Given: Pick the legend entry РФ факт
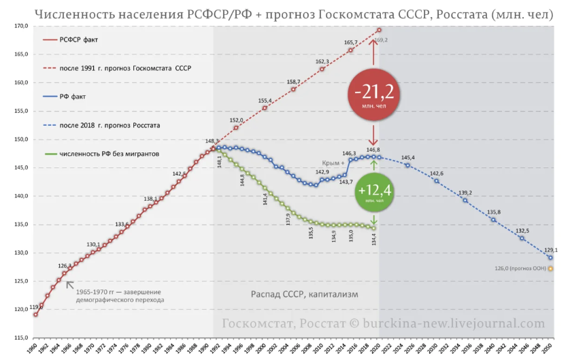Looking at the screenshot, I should tap(76, 97).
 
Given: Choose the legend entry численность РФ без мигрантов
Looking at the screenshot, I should tap(109, 154).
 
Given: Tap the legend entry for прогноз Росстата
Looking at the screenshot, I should tap(110, 125).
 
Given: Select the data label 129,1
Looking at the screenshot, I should tap(550, 250).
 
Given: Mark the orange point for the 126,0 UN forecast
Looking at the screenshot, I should tap(550, 268).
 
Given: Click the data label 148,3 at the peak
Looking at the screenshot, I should tap(212, 142).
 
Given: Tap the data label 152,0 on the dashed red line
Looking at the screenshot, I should tap(236, 120).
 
